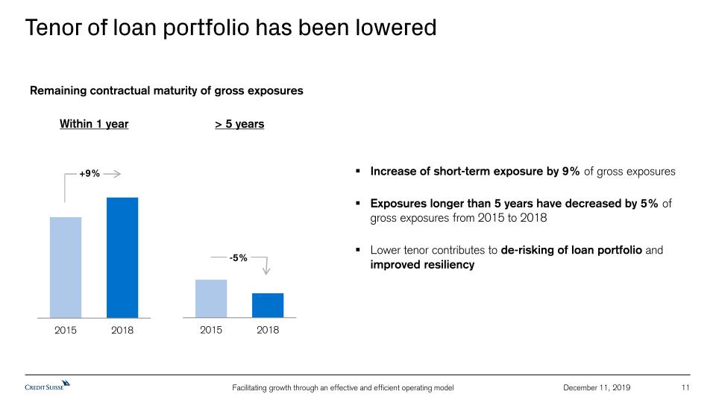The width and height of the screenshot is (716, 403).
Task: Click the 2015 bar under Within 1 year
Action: tap(66, 267)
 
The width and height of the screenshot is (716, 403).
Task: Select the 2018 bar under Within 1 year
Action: tap(122, 257)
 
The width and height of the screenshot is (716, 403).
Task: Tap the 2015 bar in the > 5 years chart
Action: tap(211, 299)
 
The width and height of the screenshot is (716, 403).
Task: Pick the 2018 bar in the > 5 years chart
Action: tap(268, 305)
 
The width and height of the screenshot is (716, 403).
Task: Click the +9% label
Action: tap(89, 173)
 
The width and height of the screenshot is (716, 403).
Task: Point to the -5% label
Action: tap(239, 257)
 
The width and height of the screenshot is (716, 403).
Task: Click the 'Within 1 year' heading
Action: tap(94, 124)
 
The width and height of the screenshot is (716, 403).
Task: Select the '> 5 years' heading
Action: tap(239, 124)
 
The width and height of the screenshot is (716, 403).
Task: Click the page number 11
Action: tap(686, 387)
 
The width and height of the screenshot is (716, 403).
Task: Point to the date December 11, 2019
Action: tap(597, 387)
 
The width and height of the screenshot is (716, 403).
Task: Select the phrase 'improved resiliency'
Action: tap(422, 265)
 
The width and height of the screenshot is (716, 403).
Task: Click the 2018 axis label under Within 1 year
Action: tap(122, 330)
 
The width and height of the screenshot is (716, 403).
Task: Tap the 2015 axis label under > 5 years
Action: tap(212, 329)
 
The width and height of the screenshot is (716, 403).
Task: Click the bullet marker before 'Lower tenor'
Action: tap(359, 250)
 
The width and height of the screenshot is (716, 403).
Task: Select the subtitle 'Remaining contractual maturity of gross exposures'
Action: tap(166, 91)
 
